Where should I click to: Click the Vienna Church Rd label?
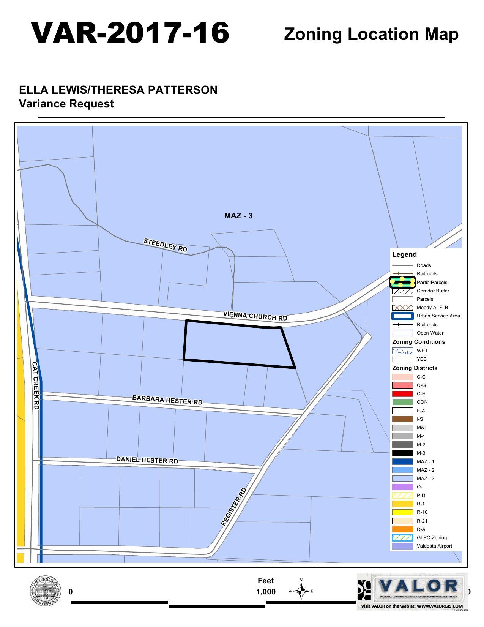(255, 316)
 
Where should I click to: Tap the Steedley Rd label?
(166, 245)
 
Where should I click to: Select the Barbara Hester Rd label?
(167, 400)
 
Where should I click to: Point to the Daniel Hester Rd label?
(147, 460)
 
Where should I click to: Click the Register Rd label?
(234, 507)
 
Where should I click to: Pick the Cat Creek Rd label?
(36, 385)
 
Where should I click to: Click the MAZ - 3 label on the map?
(238, 216)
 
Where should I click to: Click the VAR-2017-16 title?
(130, 33)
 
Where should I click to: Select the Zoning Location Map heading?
(371, 34)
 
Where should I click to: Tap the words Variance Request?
(66, 104)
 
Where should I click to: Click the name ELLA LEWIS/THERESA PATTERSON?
(118, 90)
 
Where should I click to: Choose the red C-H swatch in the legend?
(402, 394)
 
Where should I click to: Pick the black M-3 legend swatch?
(402, 453)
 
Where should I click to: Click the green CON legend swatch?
(402, 402)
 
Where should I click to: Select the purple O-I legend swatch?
(402, 487)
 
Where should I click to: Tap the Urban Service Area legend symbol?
(402, 316)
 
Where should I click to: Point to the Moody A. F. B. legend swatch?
(402, 308)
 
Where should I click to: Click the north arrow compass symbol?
(301, 591)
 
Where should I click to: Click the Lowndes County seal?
(45, 591)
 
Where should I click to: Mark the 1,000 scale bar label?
(266, 592)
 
